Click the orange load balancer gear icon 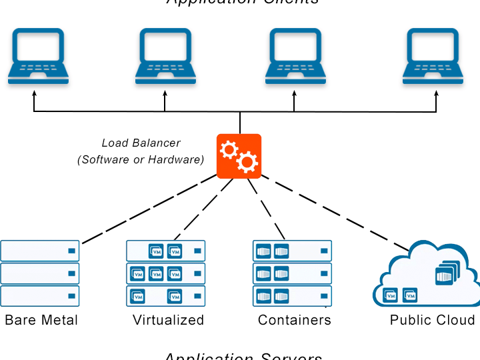point(239,156)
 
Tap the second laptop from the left point(165,56)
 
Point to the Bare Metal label point(41,320)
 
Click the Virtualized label point(168,320)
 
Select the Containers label point(295,320)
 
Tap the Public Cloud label point(432,320)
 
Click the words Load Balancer point(141,143)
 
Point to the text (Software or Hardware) point(141,159)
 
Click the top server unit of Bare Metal point(40,251)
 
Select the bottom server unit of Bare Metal point(40,296)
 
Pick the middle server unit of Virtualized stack point(166,273)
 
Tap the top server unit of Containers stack point(292,251)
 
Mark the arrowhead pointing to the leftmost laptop point(35,95)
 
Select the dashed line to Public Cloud point(333,211)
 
